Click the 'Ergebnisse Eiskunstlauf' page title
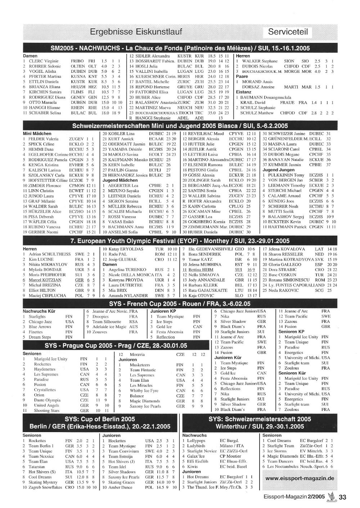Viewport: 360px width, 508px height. pyautogui.click(x=136, y=32)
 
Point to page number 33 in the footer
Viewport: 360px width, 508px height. pyautogui.click(x=342, y=498)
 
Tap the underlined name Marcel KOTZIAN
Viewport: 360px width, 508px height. pyautogui.click(x=45, y=280)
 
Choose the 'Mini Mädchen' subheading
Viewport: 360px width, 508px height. pyautogui.click(x=37, y=133)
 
